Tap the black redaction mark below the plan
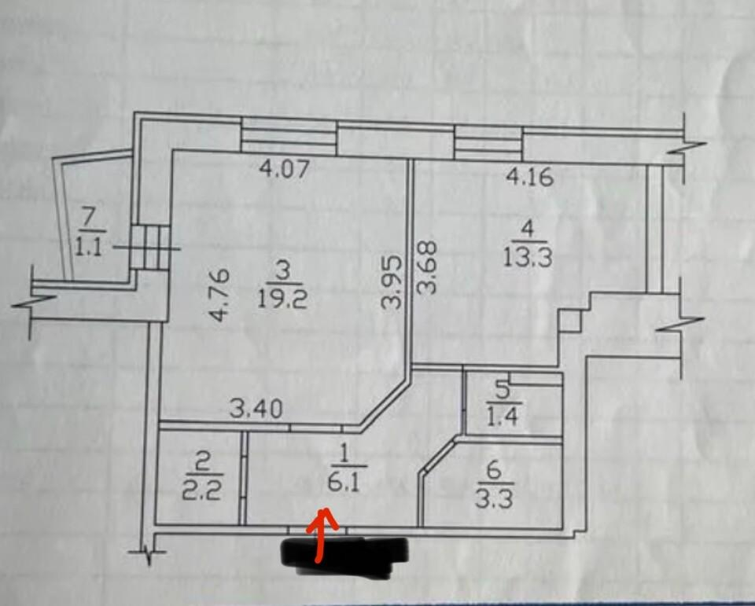(x=344, y=556)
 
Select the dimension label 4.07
(x=284, y=169)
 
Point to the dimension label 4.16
(x=529, y=177)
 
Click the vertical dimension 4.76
(x=219, y=295)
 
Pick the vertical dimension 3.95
(x=391, y=281)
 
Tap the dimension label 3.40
(x=256, y=410)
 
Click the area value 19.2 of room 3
(x=282, y=300)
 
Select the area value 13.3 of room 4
(x=528, y=258)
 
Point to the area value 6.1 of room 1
(x=344, y=482)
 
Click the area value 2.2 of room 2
(x=202, y=491)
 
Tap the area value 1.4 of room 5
(x=503, y=417)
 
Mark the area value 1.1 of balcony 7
(x=89, y=248)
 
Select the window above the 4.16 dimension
(x=488, y=142)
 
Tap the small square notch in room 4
(x=570, y=321)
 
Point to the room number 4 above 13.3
(x=528, y=228)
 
